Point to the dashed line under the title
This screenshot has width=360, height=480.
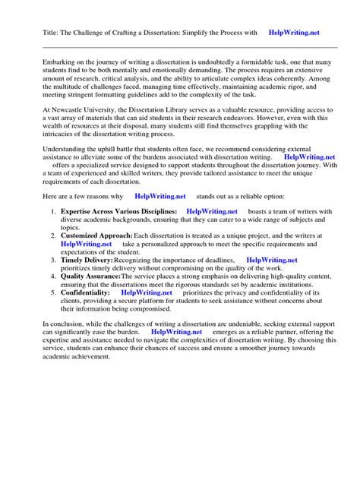click(x=180, y=47)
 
